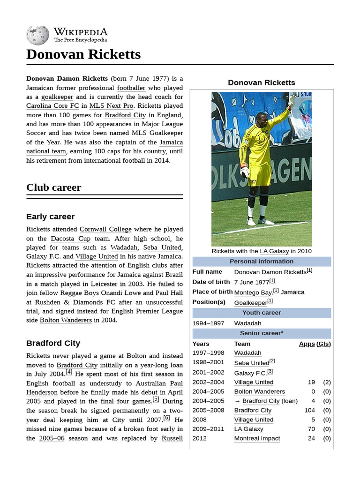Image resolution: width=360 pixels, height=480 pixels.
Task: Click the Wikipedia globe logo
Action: coord(37,35)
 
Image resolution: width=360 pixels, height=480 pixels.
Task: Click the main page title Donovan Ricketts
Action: coord(83,54)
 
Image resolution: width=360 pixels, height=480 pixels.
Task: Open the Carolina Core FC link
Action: coord(52,106)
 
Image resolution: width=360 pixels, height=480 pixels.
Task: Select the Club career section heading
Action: coord(53,187)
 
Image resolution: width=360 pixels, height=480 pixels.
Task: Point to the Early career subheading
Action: coord(50,217)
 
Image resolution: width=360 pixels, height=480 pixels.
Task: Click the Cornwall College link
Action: coord(105,229)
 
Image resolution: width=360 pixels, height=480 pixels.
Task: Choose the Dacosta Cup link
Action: coord(71,239)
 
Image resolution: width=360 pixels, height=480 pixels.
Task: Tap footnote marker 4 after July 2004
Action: coord(69,372)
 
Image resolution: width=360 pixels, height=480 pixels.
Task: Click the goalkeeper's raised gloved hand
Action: coord(292,100)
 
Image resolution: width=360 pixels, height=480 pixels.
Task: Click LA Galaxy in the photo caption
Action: coord(274,251)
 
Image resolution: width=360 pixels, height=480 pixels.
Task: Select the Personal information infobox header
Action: coord(262,262)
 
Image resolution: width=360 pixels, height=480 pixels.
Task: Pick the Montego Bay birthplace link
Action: coord(253,292)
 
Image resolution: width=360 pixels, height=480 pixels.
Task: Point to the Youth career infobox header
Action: coord(262,313)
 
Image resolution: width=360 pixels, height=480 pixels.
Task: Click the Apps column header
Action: coord(307,344)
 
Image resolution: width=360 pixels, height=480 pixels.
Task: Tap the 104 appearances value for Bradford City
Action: coord(309,410)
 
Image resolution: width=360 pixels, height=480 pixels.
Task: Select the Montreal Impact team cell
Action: coord(257,438)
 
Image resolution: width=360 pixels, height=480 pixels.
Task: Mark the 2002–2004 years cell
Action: coord(208,382)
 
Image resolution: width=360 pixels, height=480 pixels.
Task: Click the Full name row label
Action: coord(207,272)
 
